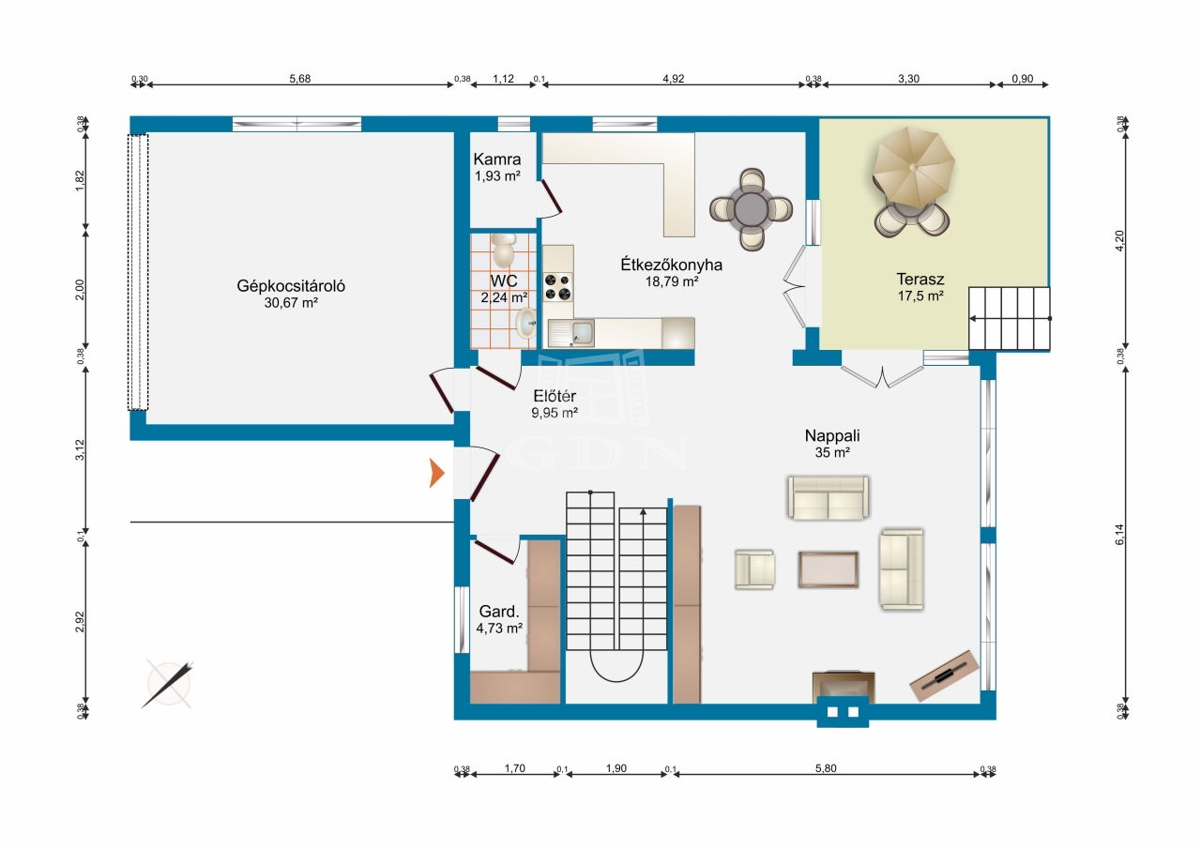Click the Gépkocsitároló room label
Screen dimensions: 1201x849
point(291,286)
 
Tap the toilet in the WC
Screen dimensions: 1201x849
point(504,250)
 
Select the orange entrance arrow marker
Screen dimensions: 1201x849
point(436,473)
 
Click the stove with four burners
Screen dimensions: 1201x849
point(557,287)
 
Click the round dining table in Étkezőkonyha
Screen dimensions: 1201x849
point(752,209)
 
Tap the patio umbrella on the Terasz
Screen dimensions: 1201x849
point(913,166)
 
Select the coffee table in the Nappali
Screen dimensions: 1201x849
point(828,569)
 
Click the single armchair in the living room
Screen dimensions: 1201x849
point(754,569)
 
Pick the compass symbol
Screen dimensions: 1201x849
point(168,684)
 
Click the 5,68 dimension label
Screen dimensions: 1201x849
point(299,79)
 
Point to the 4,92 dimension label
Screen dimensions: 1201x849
point(674,79)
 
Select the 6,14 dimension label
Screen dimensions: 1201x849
point(1119,535)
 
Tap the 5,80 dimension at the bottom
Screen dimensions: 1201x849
point(826,768)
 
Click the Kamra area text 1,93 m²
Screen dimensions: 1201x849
point(497,175)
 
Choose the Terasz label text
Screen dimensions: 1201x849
point(920,279)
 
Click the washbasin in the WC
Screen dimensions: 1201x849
point(525,323)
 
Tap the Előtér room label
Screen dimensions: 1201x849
point(555,396)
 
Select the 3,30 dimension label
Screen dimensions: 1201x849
point(909,79)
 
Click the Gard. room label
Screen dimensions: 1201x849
point(499,611)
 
